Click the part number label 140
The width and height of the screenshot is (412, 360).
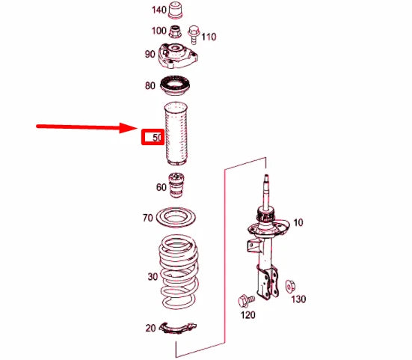159,10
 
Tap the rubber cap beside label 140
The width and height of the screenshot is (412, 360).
176,10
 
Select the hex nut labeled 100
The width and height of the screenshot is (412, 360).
175,31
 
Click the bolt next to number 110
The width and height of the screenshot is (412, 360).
194,34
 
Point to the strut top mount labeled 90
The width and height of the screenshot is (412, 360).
178,55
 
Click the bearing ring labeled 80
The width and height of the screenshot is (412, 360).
175,86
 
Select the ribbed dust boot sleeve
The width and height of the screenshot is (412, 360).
176,133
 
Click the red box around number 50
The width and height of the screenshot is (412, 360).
153,137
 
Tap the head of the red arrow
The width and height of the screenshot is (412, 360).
128,128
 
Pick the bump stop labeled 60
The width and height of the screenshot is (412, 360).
176,185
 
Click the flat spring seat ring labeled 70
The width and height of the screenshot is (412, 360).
176,218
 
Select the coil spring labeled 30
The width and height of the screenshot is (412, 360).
179,272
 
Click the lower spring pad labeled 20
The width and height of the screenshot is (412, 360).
179,328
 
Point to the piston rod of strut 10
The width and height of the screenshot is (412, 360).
266,192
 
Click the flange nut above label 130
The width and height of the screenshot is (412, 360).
290,287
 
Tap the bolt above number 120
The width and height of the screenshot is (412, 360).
246,301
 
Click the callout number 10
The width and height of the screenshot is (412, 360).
298,223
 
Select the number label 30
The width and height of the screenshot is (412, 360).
153,277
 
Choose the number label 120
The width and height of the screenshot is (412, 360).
247,315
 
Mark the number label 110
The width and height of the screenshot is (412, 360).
209,37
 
